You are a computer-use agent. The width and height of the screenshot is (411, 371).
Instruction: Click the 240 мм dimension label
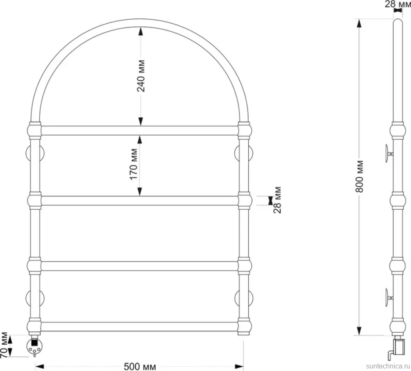tap(141, 76)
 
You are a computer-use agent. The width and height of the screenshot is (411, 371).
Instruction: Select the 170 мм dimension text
tap(133, 164)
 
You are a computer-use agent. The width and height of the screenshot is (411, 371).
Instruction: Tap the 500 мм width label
tap(140, 366)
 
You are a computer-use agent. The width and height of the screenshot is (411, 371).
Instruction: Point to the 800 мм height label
tap(360, 177)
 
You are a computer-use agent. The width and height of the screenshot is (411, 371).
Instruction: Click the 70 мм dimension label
tap(4, 346)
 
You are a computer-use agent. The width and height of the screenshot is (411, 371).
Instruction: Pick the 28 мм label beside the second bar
tap(277, 200)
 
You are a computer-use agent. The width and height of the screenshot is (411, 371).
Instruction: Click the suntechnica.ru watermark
tap(388, 366)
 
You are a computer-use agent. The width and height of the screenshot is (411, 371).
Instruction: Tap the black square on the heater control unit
tap(34, 342)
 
